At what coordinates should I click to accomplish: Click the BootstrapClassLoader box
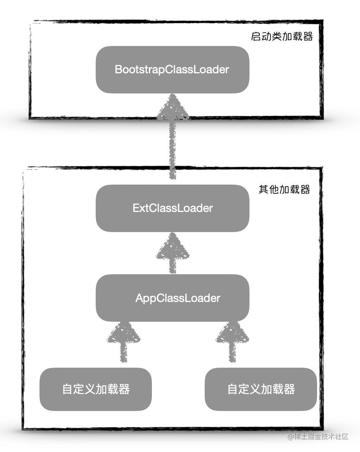click(172, 70)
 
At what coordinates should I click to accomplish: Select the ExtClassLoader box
click(172, 208)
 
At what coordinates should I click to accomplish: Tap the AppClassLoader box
click(172, 298)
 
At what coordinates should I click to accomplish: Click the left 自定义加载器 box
click(96, 389)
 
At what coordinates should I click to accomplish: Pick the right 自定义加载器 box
click(261, 389)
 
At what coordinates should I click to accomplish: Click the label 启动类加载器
click(282, 36)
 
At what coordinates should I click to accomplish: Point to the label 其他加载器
click(284, 190)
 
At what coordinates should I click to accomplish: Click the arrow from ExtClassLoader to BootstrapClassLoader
click(172, 137)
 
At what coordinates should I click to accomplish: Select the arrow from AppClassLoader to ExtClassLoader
click(172, 253)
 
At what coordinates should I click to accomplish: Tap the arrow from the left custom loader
click(123, 342)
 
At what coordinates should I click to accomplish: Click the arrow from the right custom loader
click(232, 342)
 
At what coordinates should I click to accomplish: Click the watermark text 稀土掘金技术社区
click(321, 436)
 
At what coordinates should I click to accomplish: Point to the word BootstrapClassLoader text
click(172, 70)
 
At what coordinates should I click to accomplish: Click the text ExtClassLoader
click(172, 208)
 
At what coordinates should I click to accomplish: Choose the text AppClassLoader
click(178, 298)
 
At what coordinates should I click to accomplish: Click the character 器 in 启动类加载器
click(308, 36)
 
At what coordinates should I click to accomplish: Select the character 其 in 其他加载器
click(264, 190)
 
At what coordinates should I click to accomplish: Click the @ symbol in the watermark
click(291, 437)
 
